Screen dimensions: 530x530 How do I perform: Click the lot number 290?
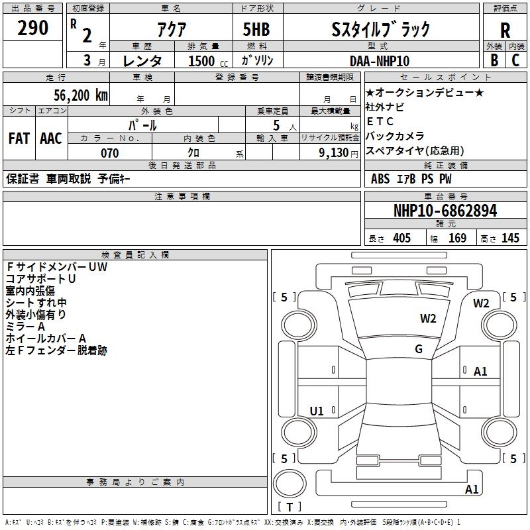[32, 28]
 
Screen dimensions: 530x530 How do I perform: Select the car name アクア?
[172, 29]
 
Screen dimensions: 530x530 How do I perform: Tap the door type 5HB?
[256, 29]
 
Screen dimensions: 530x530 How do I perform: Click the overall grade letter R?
[505, 30]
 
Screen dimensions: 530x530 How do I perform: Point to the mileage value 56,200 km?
[81, 95]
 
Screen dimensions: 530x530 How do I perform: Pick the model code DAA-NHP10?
[380, 61]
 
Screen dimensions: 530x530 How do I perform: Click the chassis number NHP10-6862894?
[445, 211]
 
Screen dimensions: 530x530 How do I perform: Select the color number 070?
[110, 153]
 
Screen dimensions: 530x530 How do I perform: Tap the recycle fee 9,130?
[334, 153]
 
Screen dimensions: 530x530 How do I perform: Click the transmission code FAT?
[19, 138]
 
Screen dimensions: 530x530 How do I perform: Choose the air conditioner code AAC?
[51, 138]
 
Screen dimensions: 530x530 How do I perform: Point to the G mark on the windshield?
[419, 348]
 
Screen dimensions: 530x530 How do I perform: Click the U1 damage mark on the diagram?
[317, 411]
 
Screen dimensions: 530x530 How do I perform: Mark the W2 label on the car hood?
[428, 318]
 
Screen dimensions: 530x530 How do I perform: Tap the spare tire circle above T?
[290, 484]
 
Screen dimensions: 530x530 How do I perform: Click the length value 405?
[401, 238]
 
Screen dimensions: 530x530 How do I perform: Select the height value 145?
[510, 238]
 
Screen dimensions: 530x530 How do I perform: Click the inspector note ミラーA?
[25, 326]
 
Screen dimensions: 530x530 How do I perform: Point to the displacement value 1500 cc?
[208, 61]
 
